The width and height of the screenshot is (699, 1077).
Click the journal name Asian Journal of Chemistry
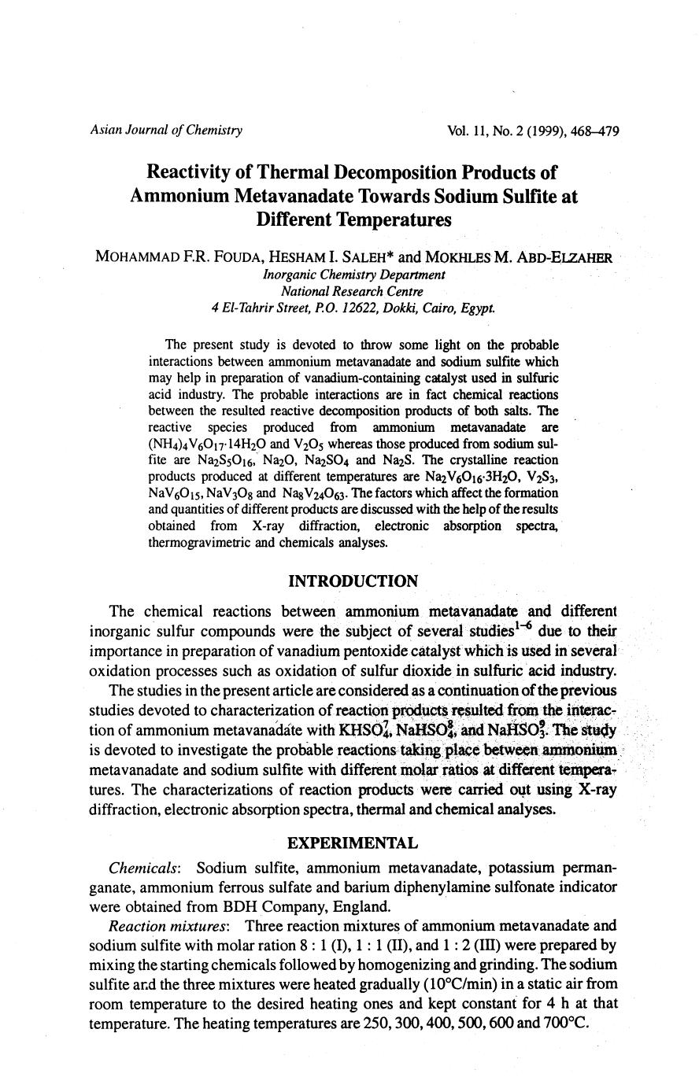166,131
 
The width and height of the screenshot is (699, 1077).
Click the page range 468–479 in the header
590,131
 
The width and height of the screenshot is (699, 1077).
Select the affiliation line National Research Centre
353,291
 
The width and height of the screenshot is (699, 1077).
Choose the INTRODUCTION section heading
353,581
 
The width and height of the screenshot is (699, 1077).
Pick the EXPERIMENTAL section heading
353,843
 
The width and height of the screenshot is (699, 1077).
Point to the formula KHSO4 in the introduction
365,728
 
